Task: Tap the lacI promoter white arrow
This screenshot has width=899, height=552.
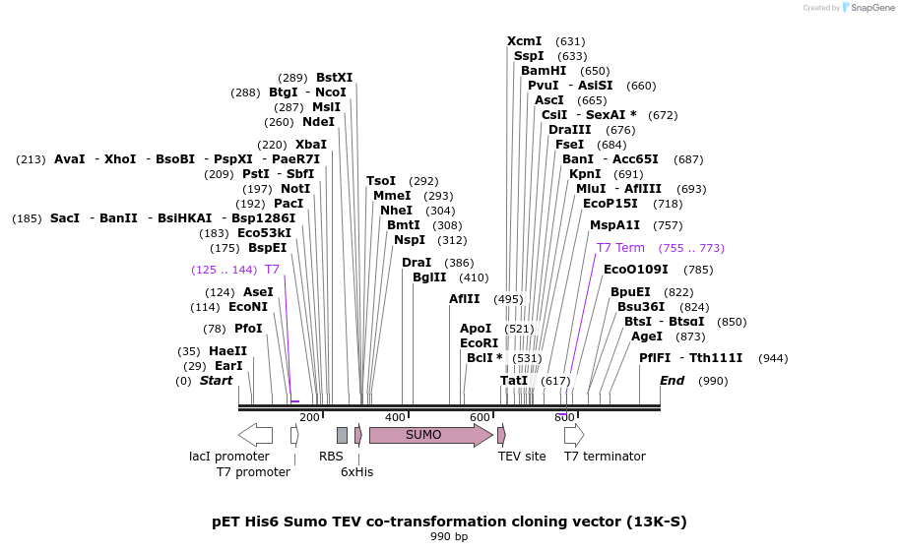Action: [x=255, y=435]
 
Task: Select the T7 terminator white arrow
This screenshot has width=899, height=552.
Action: [x=574, y=435]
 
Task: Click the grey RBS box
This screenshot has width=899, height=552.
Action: [x=342, y=435]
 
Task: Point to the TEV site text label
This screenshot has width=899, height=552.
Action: [x=522, y=457]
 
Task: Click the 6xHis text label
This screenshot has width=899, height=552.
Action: [x=356, y=472]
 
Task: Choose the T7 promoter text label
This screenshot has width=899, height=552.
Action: [x=253, y=472]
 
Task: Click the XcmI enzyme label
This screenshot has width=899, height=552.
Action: [x=524, y=41]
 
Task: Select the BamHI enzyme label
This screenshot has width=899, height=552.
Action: [x=544, y=71]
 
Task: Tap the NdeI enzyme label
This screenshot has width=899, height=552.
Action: [x=318, y=122]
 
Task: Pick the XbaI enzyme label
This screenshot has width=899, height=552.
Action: [x=311, y=145]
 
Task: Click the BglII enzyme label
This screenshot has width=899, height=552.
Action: [x=429, y=277]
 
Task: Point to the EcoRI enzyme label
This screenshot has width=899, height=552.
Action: [x=479, y=343]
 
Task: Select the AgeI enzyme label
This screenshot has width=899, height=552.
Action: [x=647, y=337]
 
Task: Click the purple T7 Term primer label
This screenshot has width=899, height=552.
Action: [x=620, y=248]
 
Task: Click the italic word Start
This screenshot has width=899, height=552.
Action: [x=217, y=381]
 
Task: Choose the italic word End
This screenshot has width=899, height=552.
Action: [x=672, y=381]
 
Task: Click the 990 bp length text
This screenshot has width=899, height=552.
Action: [x=449, y=537]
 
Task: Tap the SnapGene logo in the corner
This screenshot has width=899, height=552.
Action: [x=864, y=8]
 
